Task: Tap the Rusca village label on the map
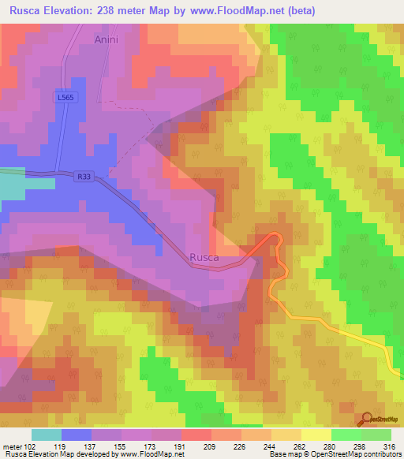204,256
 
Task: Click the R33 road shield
85,178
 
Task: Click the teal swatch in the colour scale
47,435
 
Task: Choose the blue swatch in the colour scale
77,435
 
